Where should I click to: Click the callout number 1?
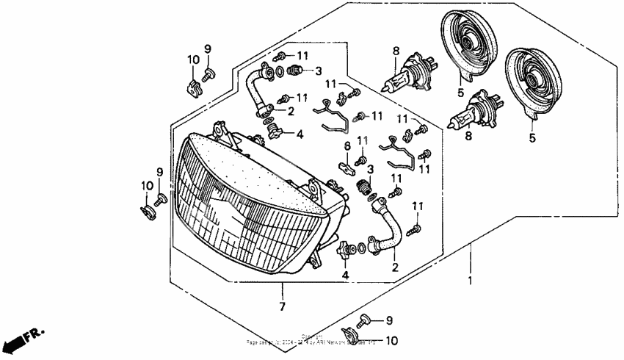[471, 281]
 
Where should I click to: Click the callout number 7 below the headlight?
[283, 306]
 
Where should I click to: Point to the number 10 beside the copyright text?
[391, 341]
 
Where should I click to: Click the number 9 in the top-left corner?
[207, 48]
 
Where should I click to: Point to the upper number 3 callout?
[318, 71]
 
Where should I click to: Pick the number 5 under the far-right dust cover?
[532, 137]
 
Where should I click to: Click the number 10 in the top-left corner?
[192, 60]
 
